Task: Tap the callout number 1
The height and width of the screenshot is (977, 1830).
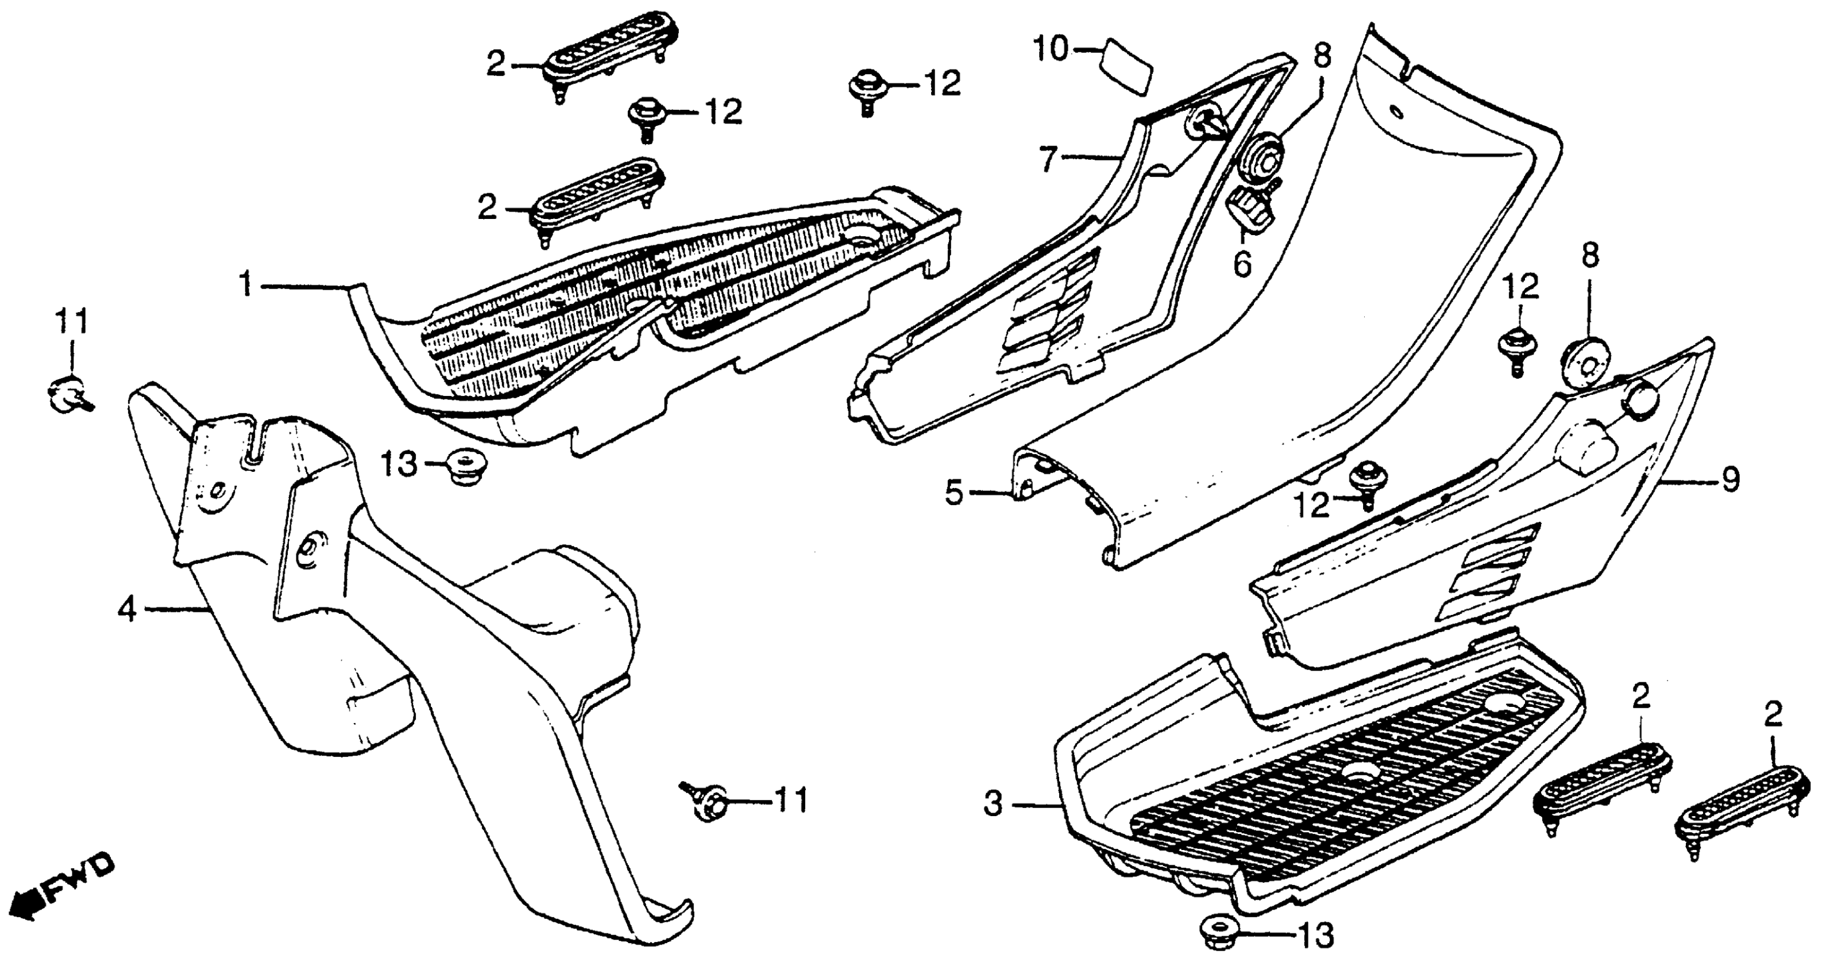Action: click(246, 286)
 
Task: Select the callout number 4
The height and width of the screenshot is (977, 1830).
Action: click(126, 609)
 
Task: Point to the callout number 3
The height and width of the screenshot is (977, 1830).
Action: click(993, 805)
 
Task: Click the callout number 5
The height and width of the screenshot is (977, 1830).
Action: click(954, 492)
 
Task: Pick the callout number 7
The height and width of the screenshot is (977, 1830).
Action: click(1049, 159)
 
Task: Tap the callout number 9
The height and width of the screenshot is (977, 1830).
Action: click(1731, 480)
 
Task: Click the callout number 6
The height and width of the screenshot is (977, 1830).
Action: click(1241, 265)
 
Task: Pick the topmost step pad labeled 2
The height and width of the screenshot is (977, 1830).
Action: click(610, 55)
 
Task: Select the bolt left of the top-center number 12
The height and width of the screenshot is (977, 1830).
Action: click(865, 89)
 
